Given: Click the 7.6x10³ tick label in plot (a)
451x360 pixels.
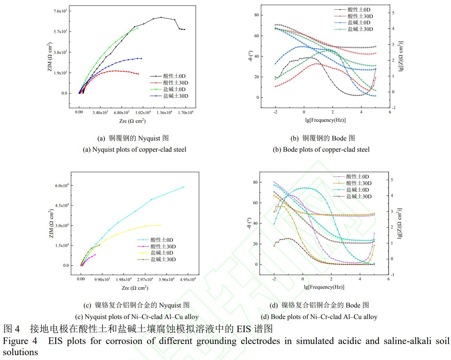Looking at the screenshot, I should [x=60, y=11].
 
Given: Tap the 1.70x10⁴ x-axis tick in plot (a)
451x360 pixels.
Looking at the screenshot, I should [x=185, y=112].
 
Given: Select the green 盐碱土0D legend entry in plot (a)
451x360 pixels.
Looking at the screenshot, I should [x=174, y=89].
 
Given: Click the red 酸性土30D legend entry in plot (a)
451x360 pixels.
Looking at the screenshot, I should [x=176, y=83].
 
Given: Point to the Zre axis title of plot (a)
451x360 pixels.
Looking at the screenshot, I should [x=132, y=121].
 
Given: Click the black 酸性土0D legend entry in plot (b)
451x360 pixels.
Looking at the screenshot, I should [x=359, y=10].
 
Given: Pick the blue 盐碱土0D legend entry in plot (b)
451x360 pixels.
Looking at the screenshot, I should [x=359, y=23].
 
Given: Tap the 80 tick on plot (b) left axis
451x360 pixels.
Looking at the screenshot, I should [x=256, y=15].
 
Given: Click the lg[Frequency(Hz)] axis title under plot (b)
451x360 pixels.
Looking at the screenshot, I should [x=325, y=120].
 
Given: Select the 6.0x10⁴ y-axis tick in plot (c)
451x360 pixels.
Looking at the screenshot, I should [x=62, y=185].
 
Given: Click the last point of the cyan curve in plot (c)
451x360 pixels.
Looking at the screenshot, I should [x=184, y=187].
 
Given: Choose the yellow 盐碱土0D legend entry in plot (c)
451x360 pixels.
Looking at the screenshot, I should [x=162, y=253].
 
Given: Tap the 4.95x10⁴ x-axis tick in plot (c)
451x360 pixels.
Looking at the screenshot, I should [x=188, y=279].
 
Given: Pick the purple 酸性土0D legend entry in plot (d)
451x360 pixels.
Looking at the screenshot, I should [x=357, y=177].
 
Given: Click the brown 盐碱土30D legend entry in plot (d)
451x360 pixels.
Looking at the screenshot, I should [x=359, y=197].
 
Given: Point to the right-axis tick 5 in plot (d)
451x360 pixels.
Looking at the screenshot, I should [x=392, y=180].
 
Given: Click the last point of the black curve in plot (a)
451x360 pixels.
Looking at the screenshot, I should [x=184, y=30].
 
